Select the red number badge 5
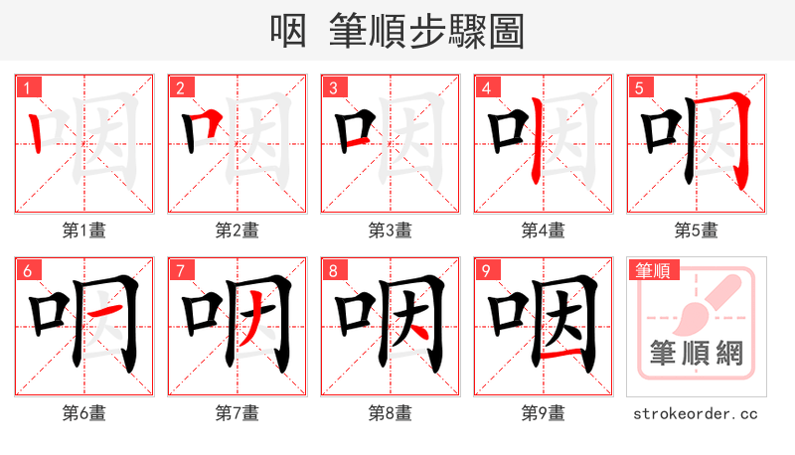click(x=638, y=87)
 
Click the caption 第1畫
click(x=84, y=229)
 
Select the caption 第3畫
click(x=391, y=229)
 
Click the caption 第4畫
click(x=544, y=229)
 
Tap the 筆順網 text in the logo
click(x=697, y=353)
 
